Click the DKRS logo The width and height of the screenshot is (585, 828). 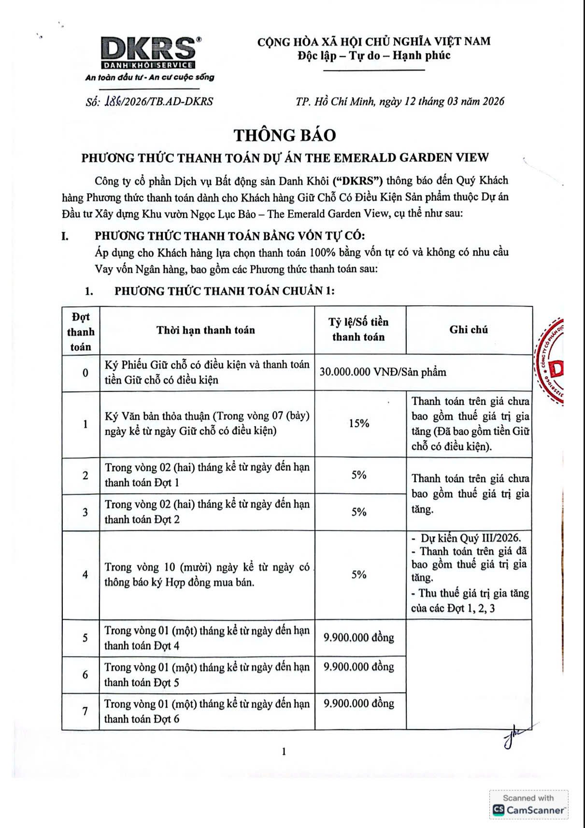(x=148, y=53)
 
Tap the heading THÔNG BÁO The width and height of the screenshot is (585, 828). (x=285, y=135)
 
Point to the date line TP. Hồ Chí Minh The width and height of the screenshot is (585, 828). (x=400, y=101)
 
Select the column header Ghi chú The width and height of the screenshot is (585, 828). (x=469, y=330)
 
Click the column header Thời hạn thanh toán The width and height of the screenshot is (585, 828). (x=205, y=330)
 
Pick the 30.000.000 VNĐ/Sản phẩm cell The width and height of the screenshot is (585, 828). (x=383, y=372)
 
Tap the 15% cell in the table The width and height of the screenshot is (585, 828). (x=359, y=424)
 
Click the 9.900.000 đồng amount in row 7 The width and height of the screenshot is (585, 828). (x=359, y=704)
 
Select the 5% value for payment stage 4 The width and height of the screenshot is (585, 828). (x=359, y=575)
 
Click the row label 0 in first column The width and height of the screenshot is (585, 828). (x=86, y=373)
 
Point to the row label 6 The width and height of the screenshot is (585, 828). (x=86, y=675)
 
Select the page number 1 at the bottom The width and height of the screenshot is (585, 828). (x=284, y=752)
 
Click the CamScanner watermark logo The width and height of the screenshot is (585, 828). (x=529, y=804)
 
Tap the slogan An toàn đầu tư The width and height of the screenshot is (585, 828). (x=150, y=77)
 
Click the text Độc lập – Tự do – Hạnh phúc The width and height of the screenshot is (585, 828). (x=374, y=56)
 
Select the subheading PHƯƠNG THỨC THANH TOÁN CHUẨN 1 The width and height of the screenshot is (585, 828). (x=224, y=291)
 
